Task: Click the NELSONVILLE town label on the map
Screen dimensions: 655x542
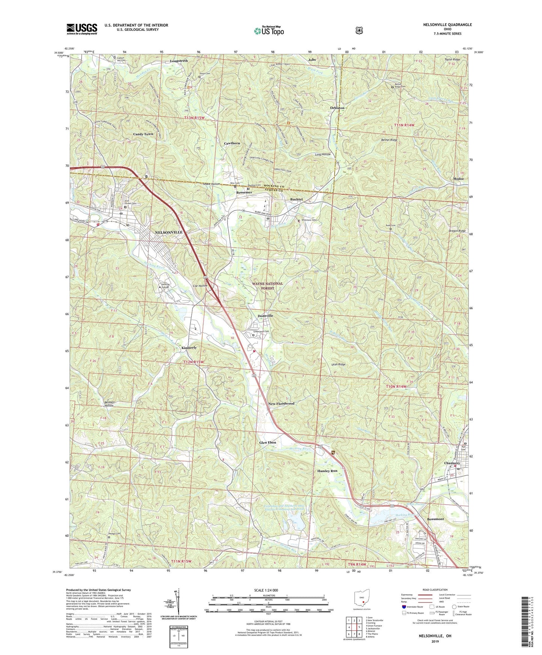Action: point(169,232)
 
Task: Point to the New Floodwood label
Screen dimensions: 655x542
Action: point(281,404)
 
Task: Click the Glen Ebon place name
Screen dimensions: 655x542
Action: point(268,443)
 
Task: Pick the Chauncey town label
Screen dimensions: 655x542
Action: point(452,463)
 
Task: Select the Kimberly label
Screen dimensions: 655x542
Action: point(189,348)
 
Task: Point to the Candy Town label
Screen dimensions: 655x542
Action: point(143,134)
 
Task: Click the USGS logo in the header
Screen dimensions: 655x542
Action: point(82,29)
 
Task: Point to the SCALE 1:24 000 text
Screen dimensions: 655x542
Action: point(268,590)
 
